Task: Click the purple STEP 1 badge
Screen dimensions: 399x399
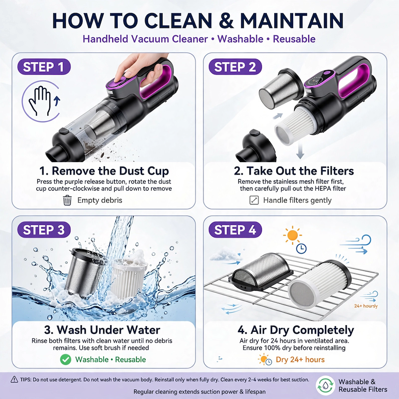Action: tap(44, 67)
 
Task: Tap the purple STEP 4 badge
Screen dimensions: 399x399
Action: tap(235, 229)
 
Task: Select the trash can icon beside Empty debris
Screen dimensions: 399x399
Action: tap(67, 200)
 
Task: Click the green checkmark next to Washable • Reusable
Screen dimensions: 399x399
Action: tap(66, 359)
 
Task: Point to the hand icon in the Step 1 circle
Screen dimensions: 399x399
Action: tap(39, 101)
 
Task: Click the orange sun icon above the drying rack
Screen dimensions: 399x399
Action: tap(292, 235)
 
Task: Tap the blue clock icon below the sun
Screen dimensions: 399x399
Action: tap(301, 248)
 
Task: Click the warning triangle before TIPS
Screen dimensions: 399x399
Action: tap(14, 380)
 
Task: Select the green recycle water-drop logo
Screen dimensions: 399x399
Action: tap(325, 386)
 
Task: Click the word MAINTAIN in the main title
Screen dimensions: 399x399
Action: tap(292, 20)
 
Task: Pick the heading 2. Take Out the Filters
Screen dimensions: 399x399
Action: tap(294, 171)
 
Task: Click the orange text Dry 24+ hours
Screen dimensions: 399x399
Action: tap(300, 359)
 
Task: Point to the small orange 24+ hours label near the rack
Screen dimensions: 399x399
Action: tap(366, 306)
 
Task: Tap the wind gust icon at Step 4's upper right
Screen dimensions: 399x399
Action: tap(356, 244)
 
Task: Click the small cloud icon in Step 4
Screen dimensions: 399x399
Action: tap(221, 255)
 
